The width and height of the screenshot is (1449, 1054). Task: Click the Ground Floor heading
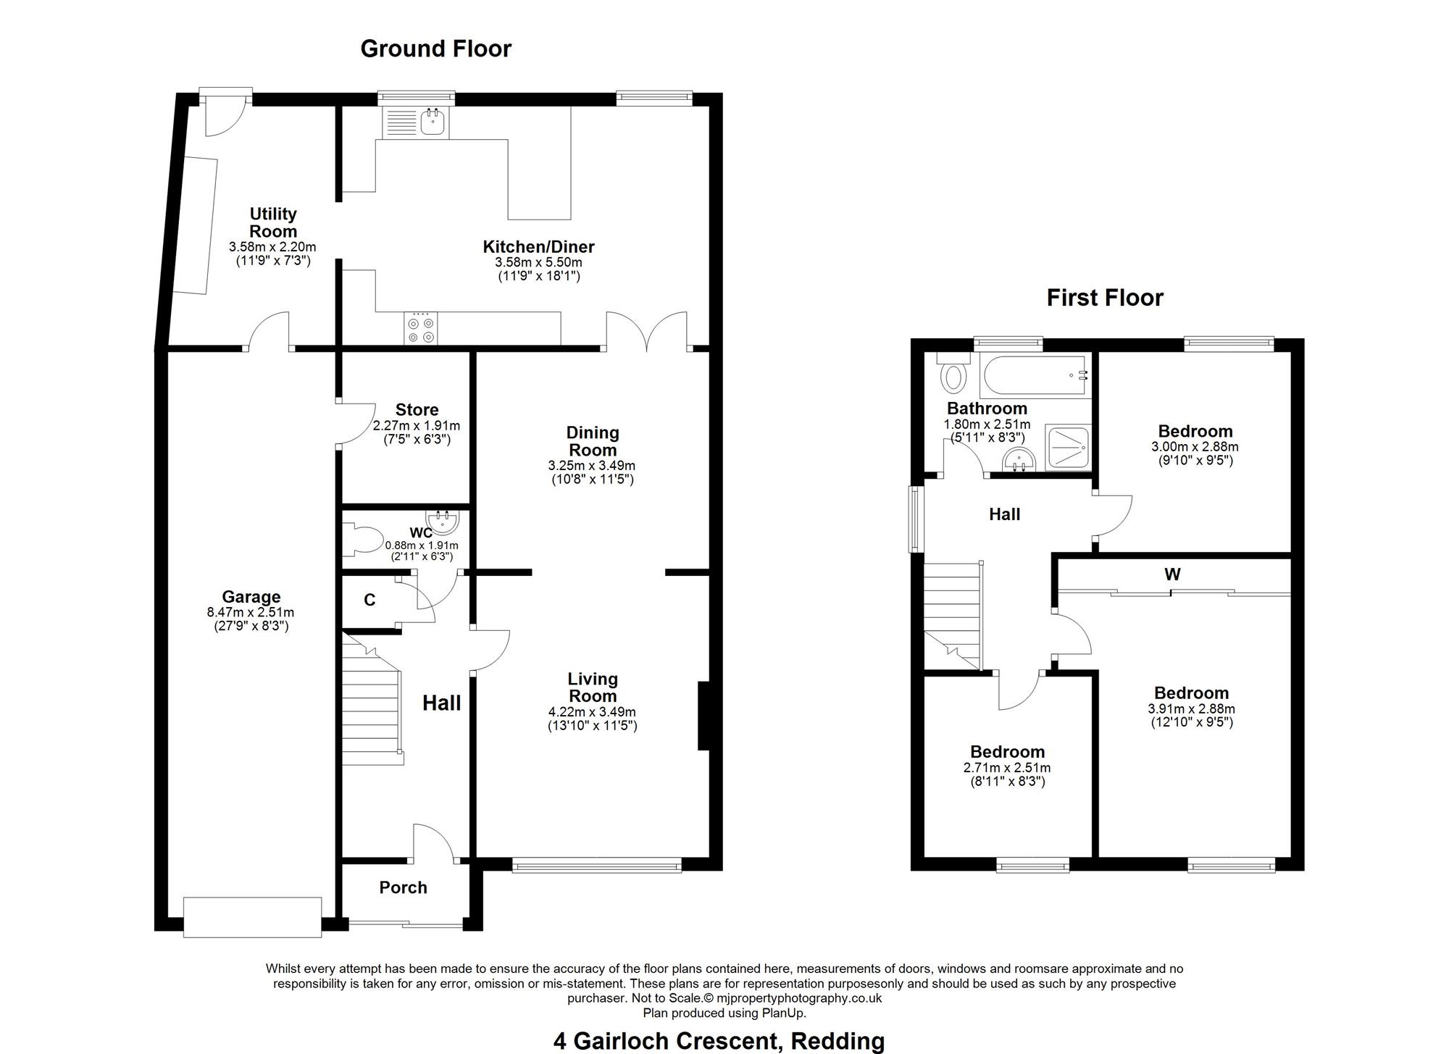[x=436, y=49]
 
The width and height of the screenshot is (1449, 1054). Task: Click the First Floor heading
[x=1105, y=298]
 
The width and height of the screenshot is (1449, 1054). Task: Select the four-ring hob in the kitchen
[x=421, y=330]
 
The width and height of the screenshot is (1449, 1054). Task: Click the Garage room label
[x=251, y=597]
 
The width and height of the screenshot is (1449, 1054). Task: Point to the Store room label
[x=417, y=410]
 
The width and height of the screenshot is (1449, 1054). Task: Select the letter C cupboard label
[x=369, y=600]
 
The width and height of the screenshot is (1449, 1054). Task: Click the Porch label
[x=403, y=887]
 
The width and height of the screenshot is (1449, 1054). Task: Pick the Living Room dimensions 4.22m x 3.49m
[x=592, y=712]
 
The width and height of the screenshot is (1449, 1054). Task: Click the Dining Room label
[x=593, y=441]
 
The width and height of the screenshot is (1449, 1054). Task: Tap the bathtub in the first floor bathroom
[x=1035, y=376]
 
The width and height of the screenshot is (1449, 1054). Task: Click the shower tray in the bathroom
[x=1067, y=448]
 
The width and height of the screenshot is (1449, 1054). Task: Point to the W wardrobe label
[x=1172, y=574]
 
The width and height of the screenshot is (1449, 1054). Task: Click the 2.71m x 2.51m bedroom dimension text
[x=1007, y=768]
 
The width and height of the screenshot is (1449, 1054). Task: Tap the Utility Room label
[x=273, y=222]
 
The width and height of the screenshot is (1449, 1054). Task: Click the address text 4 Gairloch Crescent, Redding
[x=719, y=1042]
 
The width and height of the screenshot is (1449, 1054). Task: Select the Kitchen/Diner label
[x=538, y=247]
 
